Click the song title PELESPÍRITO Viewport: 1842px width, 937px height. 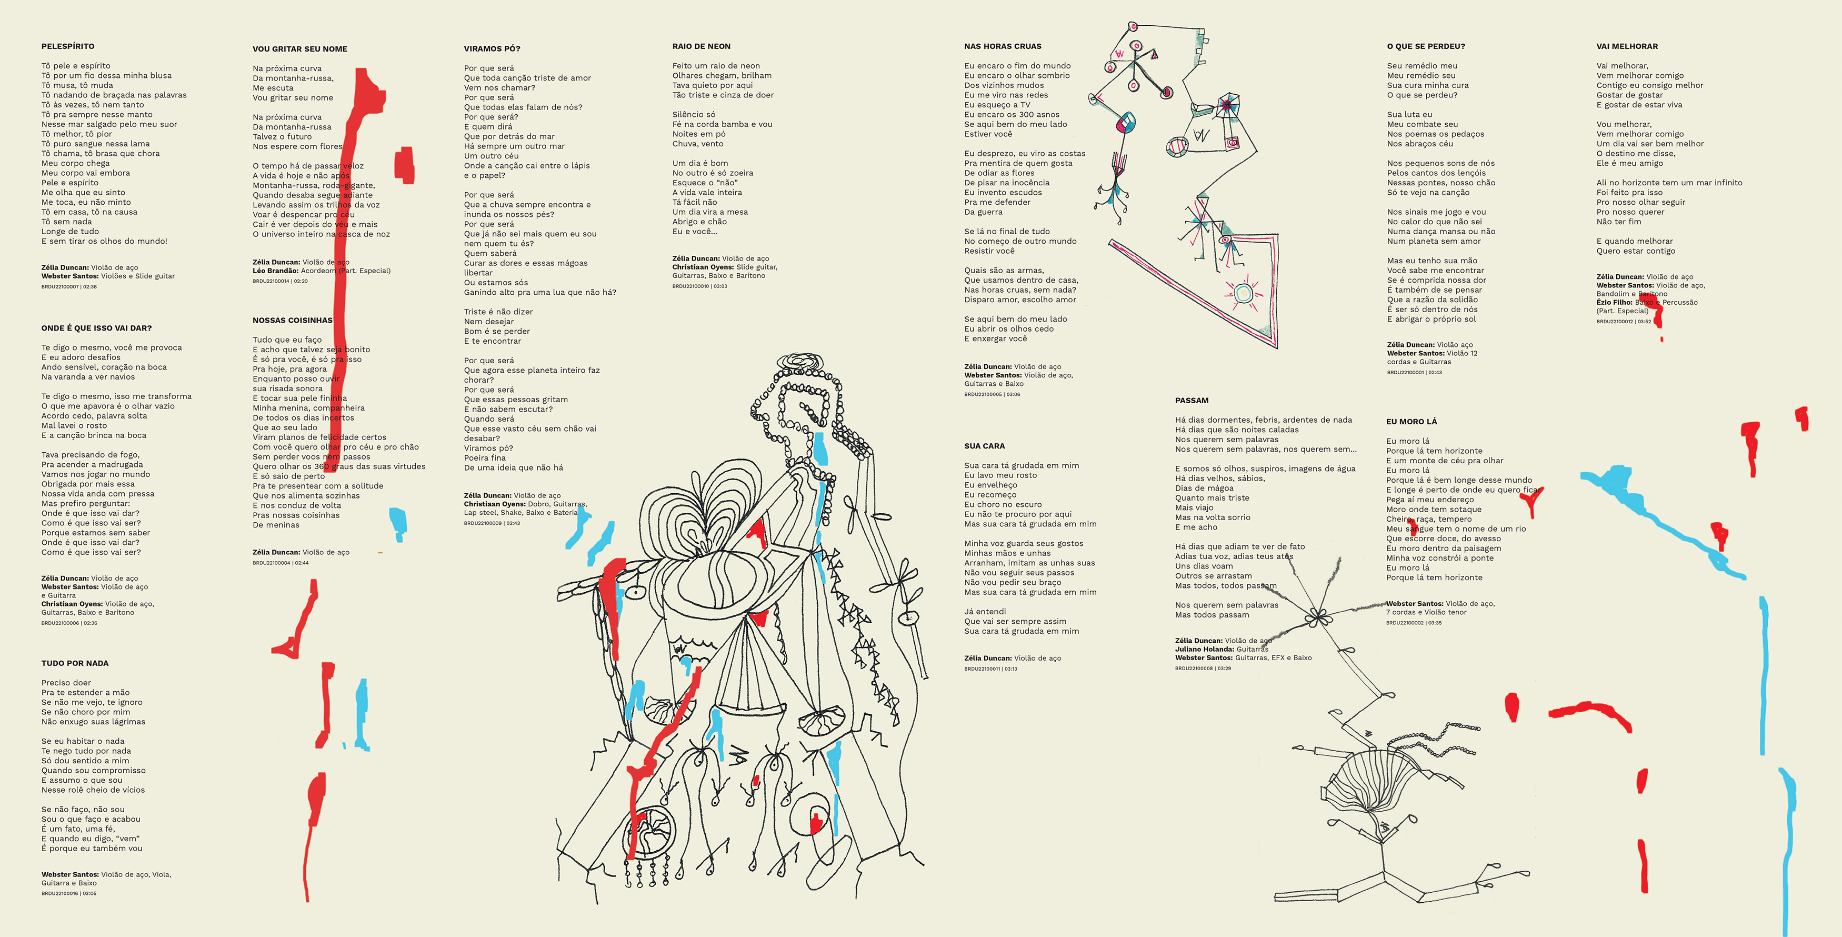tap(68, 46)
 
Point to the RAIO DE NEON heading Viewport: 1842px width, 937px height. tap(701, 46)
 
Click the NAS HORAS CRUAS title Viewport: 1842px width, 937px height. tap(1003, 46)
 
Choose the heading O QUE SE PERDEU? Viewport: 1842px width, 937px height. tap(1426, 46)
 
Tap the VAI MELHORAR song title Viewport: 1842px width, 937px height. tap(1627, 46)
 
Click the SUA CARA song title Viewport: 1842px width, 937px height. tap(984, 446)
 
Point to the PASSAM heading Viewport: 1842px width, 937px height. tap(1192, 401)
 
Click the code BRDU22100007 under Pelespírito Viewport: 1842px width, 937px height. tap(60, 287)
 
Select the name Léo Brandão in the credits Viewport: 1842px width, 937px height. tap(275, 271)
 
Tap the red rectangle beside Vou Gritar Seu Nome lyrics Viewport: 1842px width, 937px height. tap(404, 165)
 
